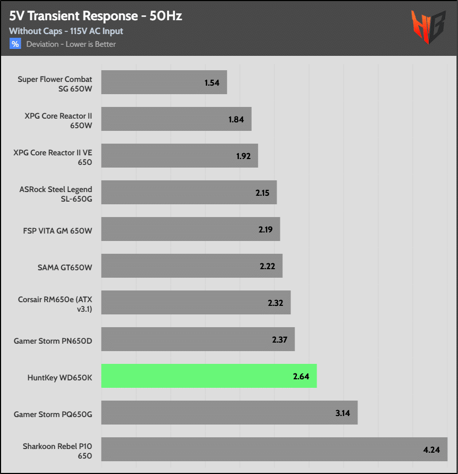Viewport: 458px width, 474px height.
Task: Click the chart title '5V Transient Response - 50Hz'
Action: pos(96,16)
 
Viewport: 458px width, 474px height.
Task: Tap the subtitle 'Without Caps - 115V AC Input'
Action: pos(66,31)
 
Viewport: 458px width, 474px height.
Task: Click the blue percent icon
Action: pos(15,44)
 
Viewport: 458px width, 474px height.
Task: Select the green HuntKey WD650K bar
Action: pos(209,376)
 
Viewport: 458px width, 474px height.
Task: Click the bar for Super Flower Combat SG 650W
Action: pos(164,82)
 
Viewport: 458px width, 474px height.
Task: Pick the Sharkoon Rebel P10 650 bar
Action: pos(274,450)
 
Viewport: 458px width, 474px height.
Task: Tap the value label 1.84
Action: pos(236,119)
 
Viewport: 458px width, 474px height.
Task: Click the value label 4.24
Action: pos(431,450)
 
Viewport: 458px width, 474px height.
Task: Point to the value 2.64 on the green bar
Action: pos(301,376)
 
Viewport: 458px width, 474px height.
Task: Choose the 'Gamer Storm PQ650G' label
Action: pos(53,413)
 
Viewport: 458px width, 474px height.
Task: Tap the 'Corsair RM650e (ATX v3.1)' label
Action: pos(55,304)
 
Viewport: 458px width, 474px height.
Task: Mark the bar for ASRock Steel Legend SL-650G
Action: pos(189,193)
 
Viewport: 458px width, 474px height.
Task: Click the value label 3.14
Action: pos(343,413)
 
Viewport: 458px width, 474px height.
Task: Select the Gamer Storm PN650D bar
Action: pos(198,339)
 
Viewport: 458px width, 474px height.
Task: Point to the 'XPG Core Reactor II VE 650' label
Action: pos(53,157)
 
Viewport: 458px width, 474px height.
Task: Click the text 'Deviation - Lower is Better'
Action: pos(71,44)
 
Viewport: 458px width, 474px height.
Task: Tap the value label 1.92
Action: pos(243,156)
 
